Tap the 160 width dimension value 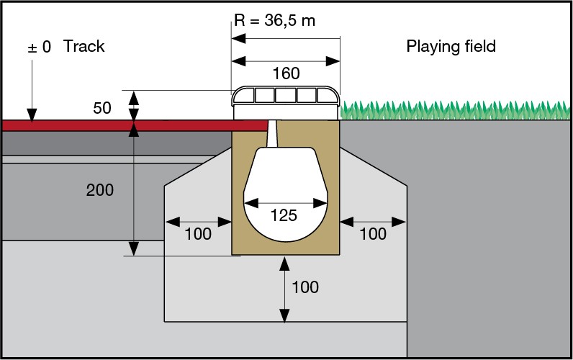286,73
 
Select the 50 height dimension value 103,109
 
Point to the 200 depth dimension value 100,190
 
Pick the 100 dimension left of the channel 198,233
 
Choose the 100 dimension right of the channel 373,233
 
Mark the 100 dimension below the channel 305,287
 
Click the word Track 84,47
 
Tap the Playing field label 451,47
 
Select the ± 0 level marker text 39,47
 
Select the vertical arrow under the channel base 285,287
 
